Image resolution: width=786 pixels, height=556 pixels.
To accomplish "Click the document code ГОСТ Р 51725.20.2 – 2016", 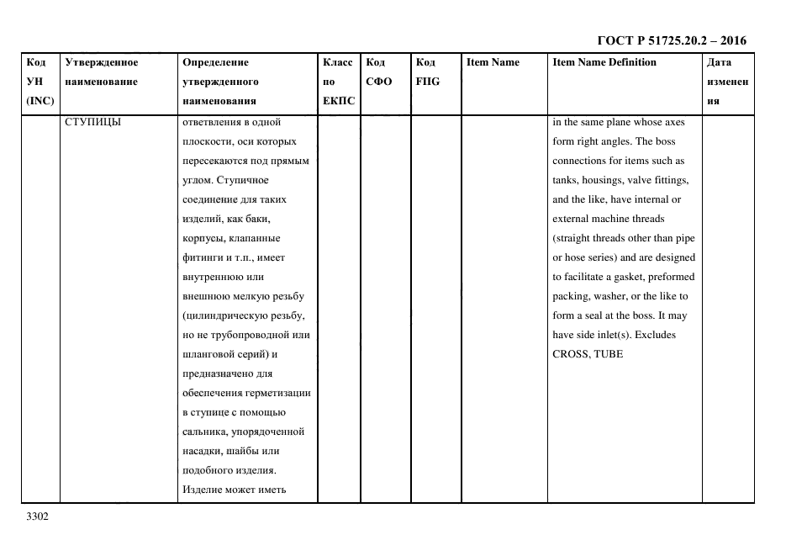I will (x=671, y=40).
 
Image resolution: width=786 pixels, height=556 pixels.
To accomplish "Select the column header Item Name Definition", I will (x=604, y=62).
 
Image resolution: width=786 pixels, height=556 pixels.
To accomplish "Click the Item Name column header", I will (x=493, y=62).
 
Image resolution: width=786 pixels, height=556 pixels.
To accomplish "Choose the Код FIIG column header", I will (x=427, y=72).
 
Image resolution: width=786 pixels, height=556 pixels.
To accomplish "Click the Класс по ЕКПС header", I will (x=338, y=82).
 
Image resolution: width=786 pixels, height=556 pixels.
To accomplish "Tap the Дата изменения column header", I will (x=726, y=82).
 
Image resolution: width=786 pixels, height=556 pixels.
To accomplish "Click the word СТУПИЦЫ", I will (x=92, y=122).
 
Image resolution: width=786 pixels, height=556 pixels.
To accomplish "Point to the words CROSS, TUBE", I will (x=588, y=354).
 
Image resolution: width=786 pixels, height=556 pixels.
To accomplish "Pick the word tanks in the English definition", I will (x=566, y=180).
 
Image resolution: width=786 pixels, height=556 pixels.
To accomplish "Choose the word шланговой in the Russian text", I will (x=208, y=354).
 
